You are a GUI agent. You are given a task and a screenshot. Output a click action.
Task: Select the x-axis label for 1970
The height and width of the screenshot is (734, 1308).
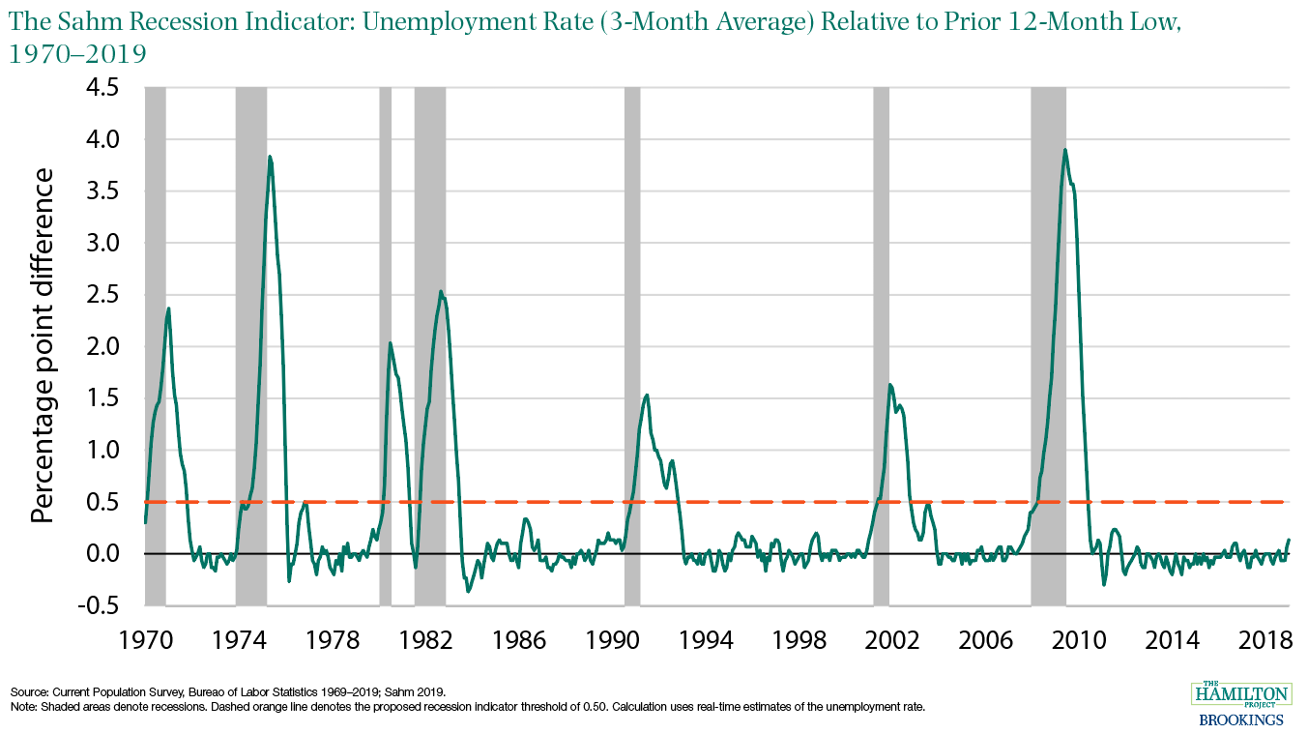145,640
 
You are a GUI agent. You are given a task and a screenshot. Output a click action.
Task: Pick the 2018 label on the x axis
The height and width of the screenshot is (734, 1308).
1266,640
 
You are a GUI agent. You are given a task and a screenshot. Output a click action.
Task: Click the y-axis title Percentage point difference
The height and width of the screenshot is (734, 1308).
44,345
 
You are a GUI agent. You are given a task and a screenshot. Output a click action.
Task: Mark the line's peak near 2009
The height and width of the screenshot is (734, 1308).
1064,150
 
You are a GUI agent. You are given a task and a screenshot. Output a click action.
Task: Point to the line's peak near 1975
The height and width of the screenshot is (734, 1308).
270,157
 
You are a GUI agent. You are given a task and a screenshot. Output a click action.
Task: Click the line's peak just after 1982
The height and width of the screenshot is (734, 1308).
441,291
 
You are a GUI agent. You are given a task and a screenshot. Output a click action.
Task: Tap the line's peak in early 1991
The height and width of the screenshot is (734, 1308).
647,395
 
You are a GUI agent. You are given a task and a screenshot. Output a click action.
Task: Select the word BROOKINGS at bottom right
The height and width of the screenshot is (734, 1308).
1240,719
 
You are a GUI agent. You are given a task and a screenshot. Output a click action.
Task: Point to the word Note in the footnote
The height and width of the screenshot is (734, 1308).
22,707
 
